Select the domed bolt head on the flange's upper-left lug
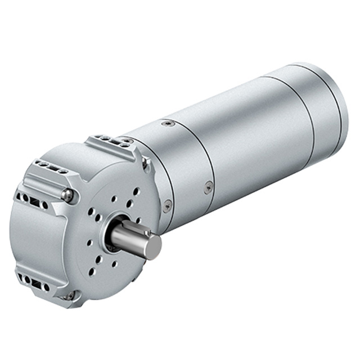tap(67, 196)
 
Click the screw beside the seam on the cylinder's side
tap(208, 187)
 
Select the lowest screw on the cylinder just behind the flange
tap(167, 206)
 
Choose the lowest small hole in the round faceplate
tap(92, 272)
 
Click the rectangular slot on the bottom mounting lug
tap(35, 284)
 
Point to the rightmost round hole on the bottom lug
tap(46, 288)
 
